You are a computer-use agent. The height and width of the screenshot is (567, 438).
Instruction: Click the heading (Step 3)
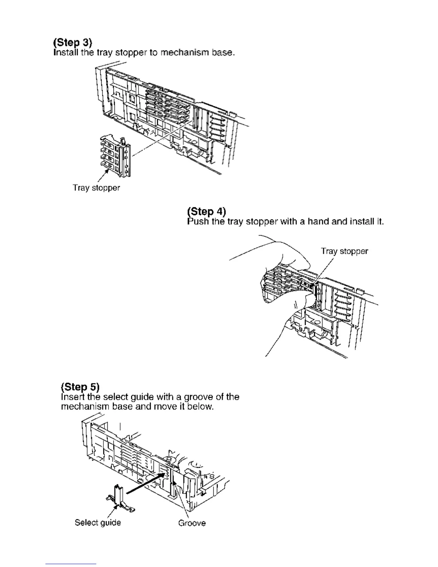73,43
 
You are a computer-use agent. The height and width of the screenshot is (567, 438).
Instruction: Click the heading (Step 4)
206,212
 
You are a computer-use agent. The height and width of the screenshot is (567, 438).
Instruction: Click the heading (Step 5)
80,387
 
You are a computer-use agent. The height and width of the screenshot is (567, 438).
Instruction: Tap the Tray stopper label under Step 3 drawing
96,188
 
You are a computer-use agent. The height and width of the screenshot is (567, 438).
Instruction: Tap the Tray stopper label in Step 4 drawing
344,251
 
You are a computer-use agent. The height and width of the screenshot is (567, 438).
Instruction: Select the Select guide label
98,523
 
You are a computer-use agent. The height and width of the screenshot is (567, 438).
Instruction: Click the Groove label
192,523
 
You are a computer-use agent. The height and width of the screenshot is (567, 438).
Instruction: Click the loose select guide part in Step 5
119,498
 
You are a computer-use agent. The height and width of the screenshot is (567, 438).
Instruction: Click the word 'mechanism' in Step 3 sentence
184,53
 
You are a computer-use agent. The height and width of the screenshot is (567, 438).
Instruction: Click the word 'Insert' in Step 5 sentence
71,397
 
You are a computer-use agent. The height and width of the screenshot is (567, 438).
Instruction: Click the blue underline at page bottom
71,564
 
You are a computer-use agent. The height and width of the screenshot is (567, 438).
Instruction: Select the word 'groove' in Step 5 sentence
200,397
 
